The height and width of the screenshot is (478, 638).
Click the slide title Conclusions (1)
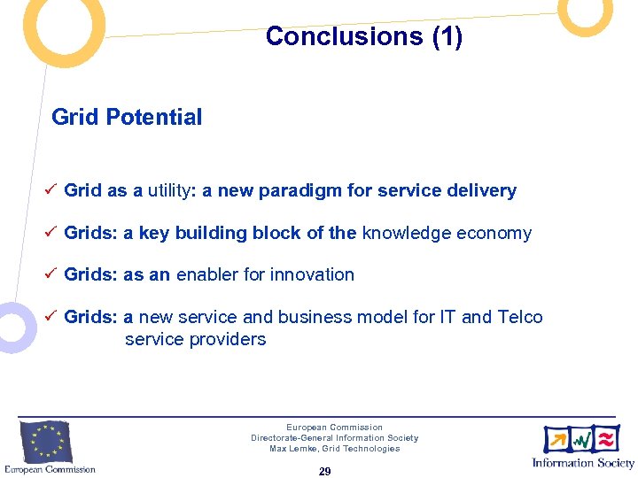(x=363, y=36)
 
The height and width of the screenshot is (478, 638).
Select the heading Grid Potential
(x=127, y=117)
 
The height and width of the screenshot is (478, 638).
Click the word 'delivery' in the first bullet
(x=482, y=190)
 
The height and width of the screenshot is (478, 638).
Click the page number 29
(x=324, y=472)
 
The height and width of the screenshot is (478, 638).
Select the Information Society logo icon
(x=582, y=439)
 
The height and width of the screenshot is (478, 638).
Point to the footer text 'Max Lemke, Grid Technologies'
(x=334, y=449)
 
